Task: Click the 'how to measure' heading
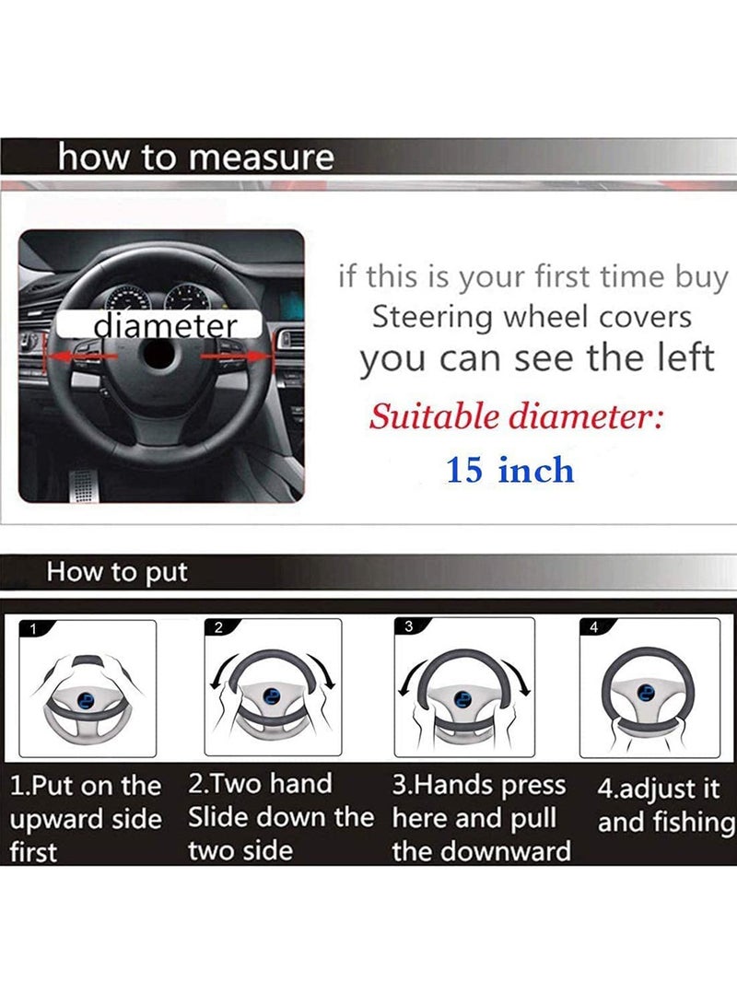195,158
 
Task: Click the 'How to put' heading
117,572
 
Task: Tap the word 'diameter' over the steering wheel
165,325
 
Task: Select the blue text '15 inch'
509,471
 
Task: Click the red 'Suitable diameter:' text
516,417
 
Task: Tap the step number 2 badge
219,628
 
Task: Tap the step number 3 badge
409,626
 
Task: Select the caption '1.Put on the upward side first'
85,819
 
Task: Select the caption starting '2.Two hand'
279,817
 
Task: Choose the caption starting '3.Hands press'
481,818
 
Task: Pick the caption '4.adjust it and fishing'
665,806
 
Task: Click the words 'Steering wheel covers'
531,317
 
